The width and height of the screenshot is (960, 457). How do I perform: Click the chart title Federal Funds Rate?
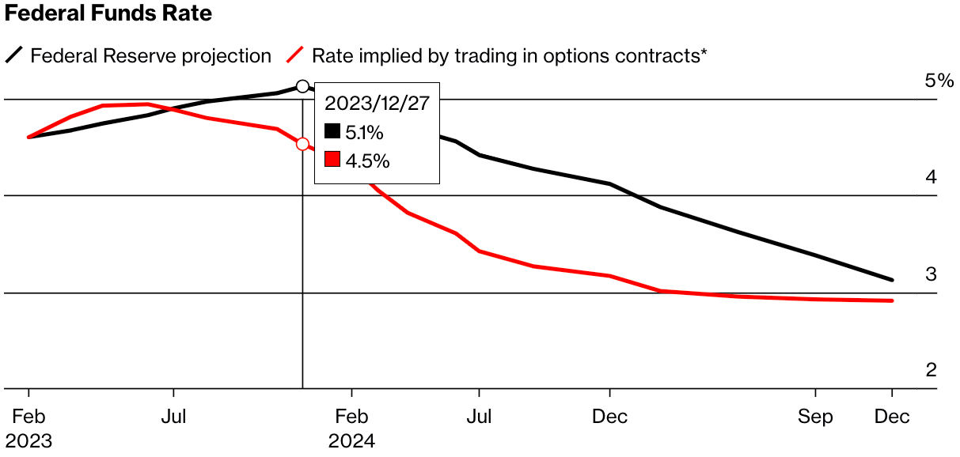108,14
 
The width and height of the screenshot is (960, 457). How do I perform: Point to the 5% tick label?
940,81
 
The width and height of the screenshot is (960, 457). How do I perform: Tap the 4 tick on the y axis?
932,177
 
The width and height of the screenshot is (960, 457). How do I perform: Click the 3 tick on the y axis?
932,274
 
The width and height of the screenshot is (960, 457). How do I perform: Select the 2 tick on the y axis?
932,370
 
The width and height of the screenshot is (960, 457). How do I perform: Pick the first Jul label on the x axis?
173,417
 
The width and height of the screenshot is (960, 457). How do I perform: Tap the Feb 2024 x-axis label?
351,428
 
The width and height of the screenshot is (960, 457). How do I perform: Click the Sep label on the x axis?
815,417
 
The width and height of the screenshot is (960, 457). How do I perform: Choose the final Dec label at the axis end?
893,417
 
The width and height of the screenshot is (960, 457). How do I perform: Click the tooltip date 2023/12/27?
377,104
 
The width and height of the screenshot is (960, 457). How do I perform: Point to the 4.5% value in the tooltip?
367,161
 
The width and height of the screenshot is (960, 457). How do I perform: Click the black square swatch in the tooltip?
332,132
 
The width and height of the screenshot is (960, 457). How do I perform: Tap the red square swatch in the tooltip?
332,161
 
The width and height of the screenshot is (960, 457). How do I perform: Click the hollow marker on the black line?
302,86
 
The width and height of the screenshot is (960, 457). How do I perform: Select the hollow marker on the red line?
302,144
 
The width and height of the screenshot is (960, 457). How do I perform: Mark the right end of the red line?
893,300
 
